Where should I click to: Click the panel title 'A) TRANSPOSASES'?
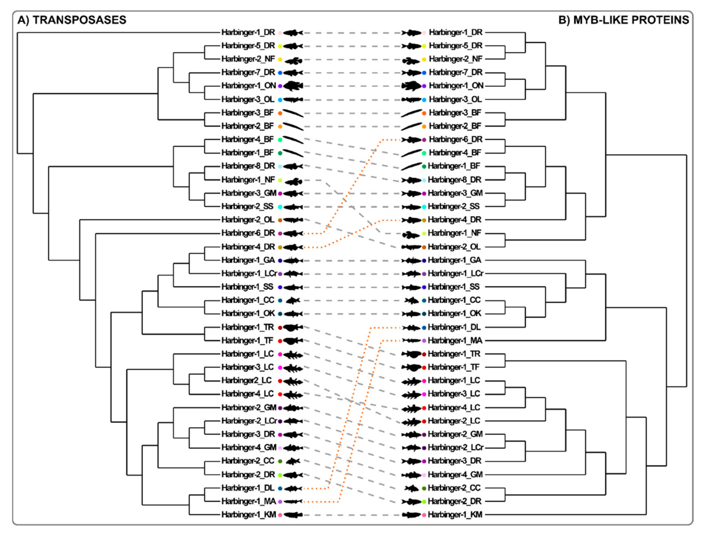tap(72, 20)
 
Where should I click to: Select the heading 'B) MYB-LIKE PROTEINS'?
tap(624, 20)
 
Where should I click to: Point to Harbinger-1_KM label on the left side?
tap(249, 515)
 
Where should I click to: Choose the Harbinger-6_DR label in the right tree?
tap(455, 140)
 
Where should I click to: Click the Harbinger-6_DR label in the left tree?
tap(248, 233)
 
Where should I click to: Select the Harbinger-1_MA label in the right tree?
tap(455, 341)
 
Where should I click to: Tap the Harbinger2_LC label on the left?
tap(246, 381)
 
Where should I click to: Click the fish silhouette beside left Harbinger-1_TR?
tap(292, 327)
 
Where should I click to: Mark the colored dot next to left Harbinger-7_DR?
tap(280, 73)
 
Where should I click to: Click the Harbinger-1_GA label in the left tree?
tap(248, 260)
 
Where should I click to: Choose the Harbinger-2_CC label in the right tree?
tap(454, 488)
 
